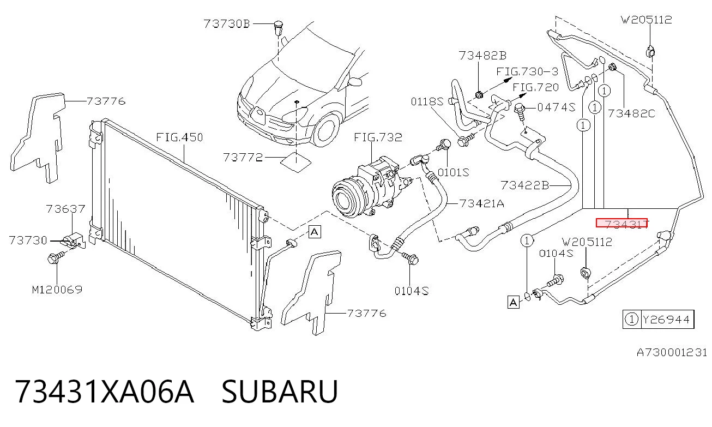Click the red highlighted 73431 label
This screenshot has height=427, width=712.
point(622,223)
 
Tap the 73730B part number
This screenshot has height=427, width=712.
point(227,24)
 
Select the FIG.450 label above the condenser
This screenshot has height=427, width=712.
point(179,137)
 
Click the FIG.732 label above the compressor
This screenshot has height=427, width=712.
point(378,137)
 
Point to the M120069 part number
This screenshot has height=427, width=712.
point(57,290)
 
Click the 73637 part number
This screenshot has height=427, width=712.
point(65,209)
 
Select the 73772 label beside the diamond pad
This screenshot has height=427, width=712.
point(243,158)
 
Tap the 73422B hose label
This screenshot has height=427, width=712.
point(525,185)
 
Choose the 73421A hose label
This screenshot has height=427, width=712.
point(482,203)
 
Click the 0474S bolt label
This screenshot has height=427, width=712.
point(556,107)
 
